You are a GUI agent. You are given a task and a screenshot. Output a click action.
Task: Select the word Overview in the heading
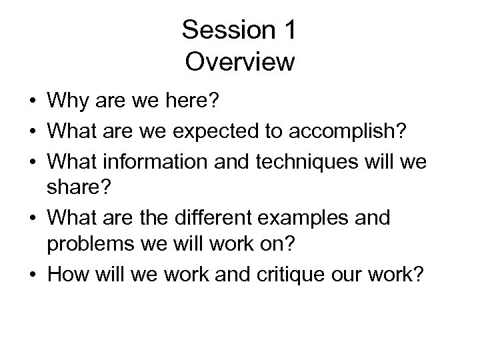click(x=240, y=61)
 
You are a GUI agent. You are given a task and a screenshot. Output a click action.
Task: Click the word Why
click(x=67, y=103)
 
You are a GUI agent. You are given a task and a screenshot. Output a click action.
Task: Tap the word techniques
click(x=307, y=159)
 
